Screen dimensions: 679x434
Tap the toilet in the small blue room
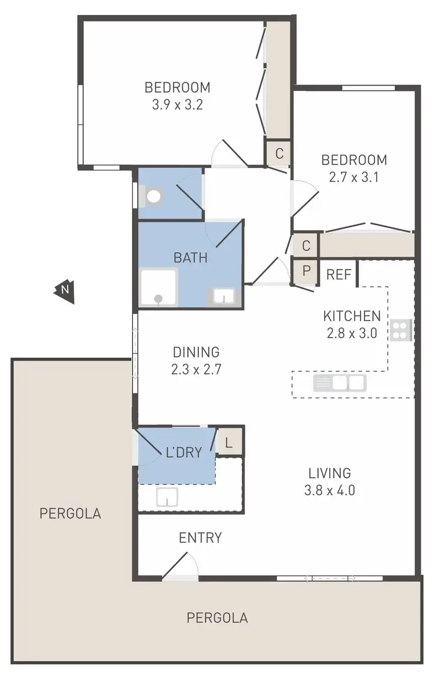[153, 196]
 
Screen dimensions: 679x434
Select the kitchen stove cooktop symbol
[400, 330]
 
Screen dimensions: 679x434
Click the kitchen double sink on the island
[340, 383]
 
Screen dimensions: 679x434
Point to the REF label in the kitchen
[339, 275]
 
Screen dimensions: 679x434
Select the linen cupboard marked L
[229, 444]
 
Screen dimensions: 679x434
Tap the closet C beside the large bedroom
[279, 154]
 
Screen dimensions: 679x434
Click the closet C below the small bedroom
[306, 246]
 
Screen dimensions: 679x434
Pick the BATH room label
[190, 257]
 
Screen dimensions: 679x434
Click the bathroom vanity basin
[223, 297]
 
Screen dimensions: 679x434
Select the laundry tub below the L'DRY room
[167, 496]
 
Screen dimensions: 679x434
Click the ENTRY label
[200, 538]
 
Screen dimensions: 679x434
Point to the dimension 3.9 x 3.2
[176, 105]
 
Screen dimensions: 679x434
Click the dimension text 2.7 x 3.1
[354, 178]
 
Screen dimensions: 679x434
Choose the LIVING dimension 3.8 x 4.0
[329, 491]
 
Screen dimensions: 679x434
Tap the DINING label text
[196, 352]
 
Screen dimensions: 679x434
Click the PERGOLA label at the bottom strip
[217, 618]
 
